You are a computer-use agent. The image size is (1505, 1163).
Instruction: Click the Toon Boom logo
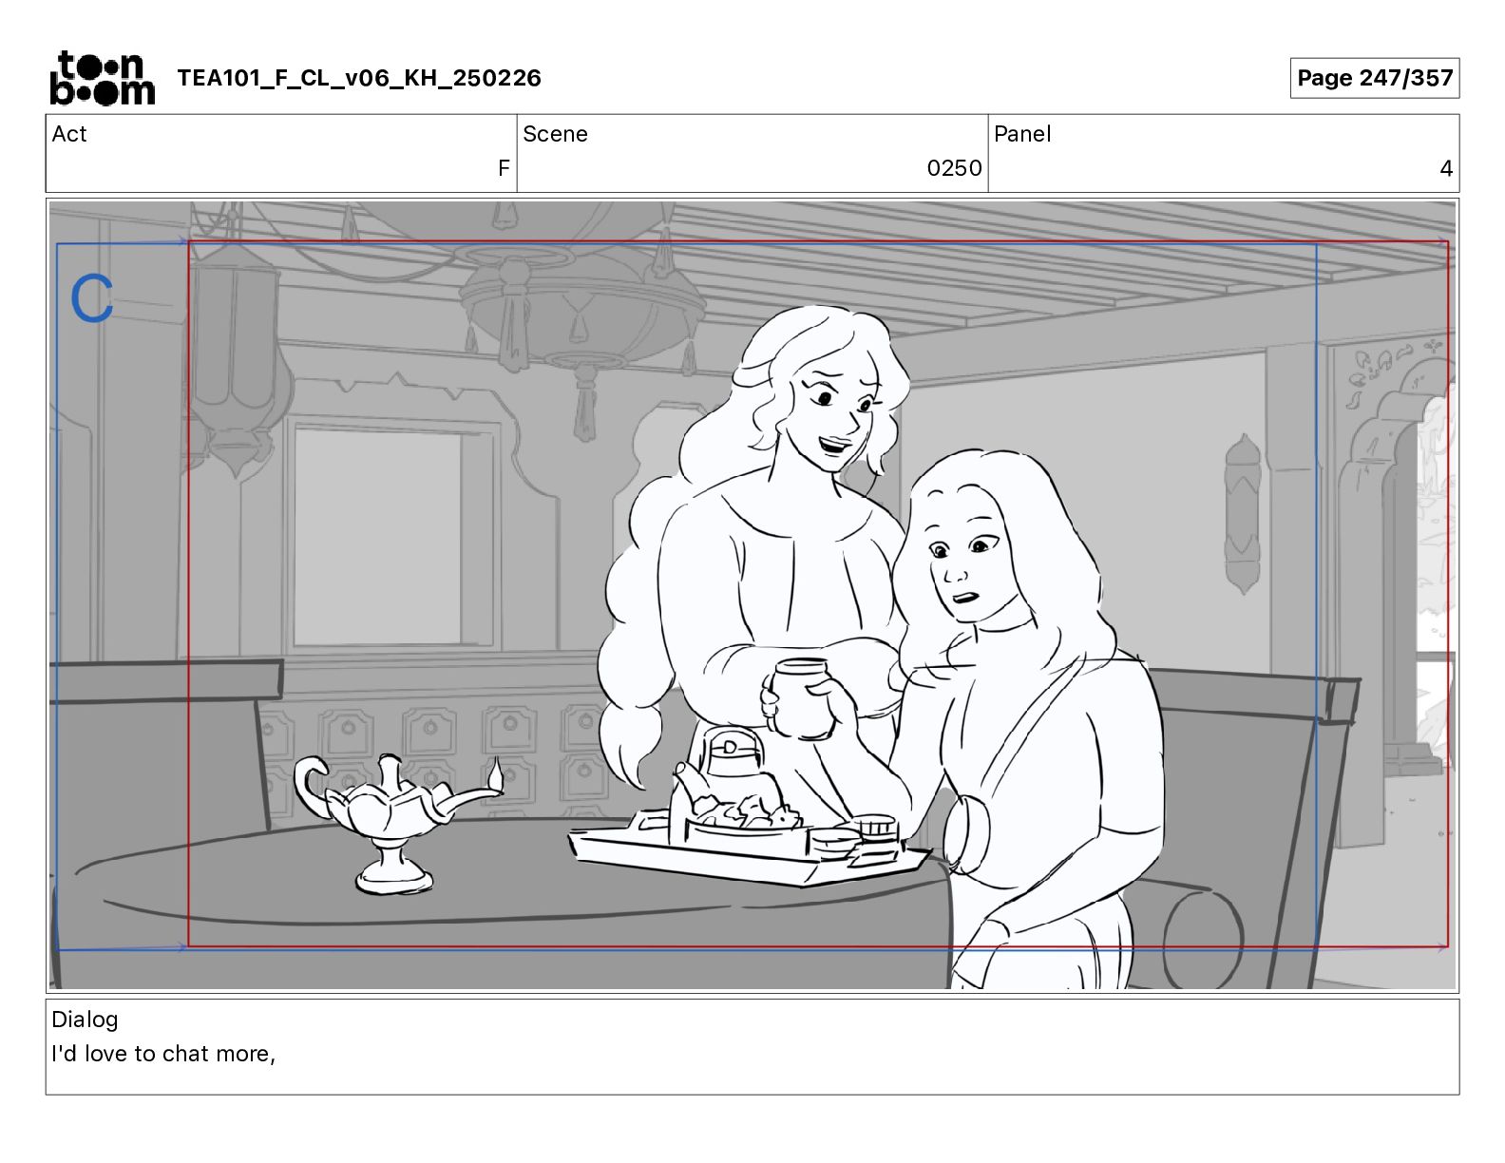point(102,78)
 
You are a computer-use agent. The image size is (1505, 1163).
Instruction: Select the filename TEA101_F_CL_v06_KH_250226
point(359,78)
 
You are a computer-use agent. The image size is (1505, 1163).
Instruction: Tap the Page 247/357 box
point(1374,78)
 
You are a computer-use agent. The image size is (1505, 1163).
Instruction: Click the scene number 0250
point(954,167)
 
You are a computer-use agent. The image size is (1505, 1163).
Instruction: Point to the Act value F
point(504,167)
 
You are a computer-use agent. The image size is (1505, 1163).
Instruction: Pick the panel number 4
point(1445,167)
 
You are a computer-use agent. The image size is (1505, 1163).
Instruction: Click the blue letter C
point(92,297)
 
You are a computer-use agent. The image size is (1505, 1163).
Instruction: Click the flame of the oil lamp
point(496,773)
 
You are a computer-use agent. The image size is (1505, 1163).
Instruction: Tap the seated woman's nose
point(954,574)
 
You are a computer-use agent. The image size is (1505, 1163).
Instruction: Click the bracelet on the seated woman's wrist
point(967,833)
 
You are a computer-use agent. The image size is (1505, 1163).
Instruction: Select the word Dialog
point(85,1020)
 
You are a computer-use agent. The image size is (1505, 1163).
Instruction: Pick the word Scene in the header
point(555,134)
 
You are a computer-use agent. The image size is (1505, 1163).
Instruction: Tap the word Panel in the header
point(1022,134)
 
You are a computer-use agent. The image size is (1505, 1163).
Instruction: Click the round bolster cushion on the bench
point(1202,940)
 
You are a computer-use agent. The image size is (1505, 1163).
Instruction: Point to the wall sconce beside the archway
point(1243,514)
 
